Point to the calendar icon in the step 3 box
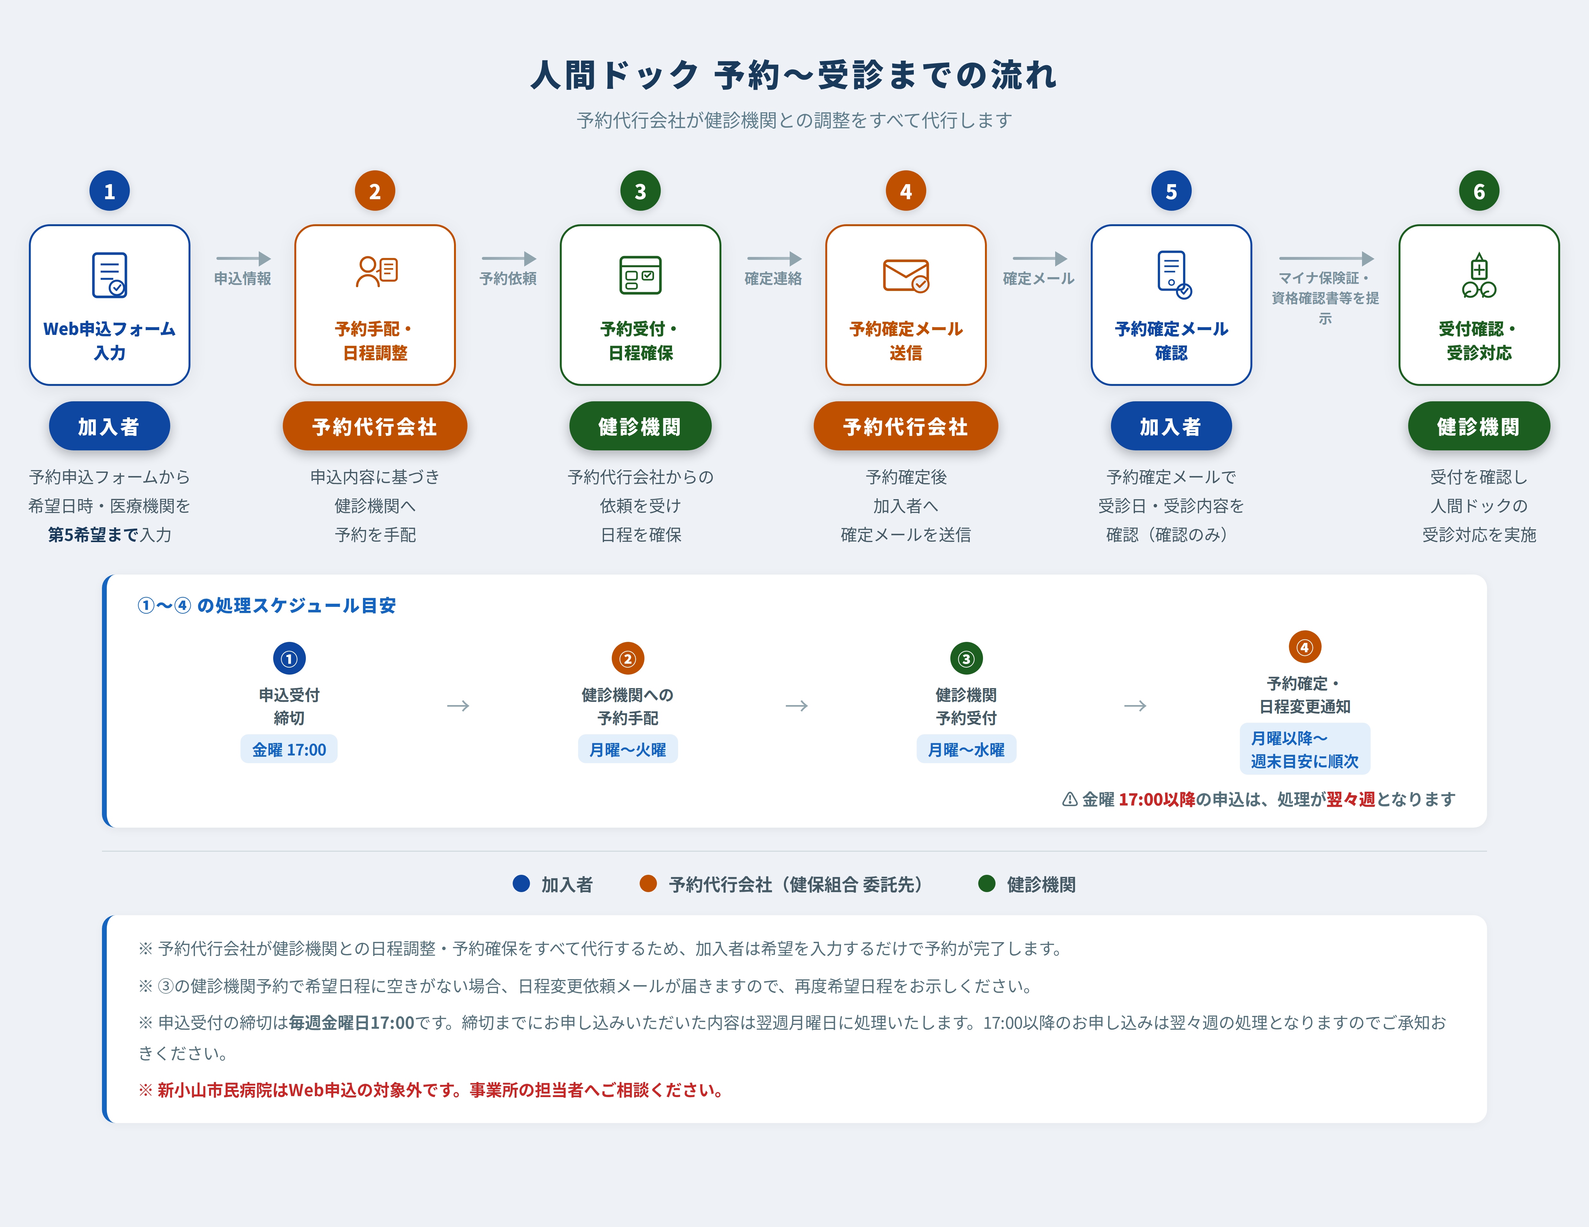(640, 275)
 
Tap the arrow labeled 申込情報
(243, 258)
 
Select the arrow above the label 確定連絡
(774, 258)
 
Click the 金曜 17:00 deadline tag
(289, 749)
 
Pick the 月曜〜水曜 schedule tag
(966, 749)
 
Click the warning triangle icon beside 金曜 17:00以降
(1070, 799)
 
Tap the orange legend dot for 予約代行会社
(648, 883)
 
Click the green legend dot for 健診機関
(987, 883)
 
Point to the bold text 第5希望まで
(93, 535)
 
